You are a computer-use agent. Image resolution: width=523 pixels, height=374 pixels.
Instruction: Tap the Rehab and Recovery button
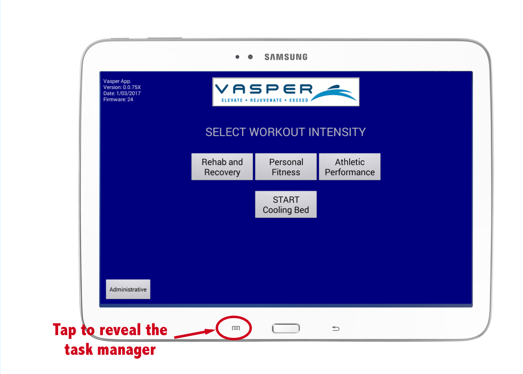pyautogui.click(x=222, y=167)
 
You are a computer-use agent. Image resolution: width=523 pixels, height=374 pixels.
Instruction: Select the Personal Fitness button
pyautogui.click(x=286, y=167)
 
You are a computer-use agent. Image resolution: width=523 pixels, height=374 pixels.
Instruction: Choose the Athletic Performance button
pyautogui.click(x=349, y=167)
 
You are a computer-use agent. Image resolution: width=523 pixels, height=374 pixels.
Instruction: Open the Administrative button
pyautogui.click(x=128, y=290)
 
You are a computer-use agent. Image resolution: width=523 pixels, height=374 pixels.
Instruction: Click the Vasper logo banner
pyautogui.click(x=286, y=92)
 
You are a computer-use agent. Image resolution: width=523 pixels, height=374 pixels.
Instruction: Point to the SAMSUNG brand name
pyautogui.click(x=286, y=57)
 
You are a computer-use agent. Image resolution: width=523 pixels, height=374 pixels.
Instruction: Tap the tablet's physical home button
pyautogui.click(x=286, y=328)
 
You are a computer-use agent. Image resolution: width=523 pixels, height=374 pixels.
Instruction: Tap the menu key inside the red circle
pyautogui.click(x=236, y=328)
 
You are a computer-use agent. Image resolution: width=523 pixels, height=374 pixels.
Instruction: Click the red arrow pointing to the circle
pyautogui.click(x=194, y=334)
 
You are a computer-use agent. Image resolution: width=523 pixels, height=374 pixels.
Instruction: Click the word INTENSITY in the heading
pyautogui.click(x=337, y=132)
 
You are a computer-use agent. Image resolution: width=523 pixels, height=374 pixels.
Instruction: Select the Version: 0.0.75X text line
pyautogui.click(x=122, y=88)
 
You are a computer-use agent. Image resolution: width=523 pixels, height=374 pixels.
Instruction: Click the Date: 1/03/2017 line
pyautogui.click(x=122, y=93)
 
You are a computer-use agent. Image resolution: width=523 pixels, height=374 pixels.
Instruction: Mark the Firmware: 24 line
pyautogui.click(x=118, y=99)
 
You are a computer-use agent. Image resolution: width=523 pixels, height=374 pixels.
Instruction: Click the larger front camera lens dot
pyautogui.click(x=250, y=57)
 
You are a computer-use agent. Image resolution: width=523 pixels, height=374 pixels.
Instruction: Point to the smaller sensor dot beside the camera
pyautogui.click(x=237, y=57)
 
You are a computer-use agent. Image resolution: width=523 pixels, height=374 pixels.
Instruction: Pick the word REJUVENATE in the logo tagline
pyautogui.click(x=266, y=100)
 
